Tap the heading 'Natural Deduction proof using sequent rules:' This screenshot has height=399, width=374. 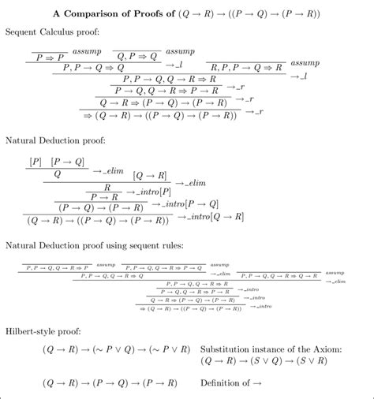(x=95, y=246)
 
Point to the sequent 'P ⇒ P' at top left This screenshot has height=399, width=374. (x=48, y=56)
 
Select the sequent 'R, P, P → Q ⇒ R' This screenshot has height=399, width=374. (x=245, y=68)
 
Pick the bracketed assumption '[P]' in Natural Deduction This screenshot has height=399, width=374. (x=35, y=162)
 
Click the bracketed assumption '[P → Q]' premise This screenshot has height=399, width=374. (x=67, y=162)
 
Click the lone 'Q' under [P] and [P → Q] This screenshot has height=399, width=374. (x=58, y=174)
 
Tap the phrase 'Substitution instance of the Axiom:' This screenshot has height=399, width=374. (x=271, y=348)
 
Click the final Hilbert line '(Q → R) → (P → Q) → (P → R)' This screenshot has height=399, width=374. (x=103, y=384)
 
